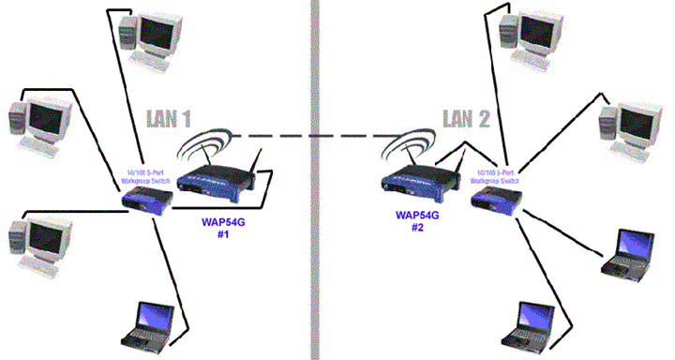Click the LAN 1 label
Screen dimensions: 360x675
pyautogui.click(x=169, y=119)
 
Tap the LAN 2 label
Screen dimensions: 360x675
pyautogui.click(x=466, y=119)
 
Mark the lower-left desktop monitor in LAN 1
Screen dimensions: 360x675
pyautogui.click(x=45, y=239)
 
